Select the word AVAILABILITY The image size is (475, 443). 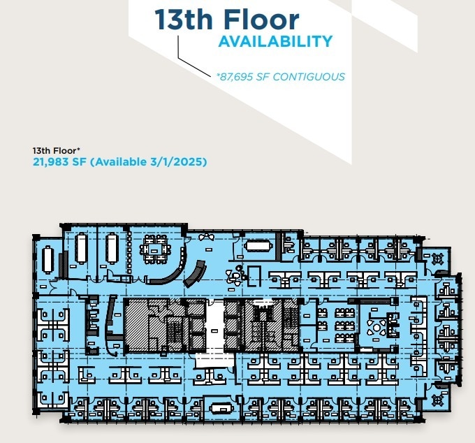275,41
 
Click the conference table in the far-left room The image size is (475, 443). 47,259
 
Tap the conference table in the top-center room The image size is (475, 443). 258,246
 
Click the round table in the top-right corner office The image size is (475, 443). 439,259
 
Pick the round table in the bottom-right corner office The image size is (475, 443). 439,400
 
